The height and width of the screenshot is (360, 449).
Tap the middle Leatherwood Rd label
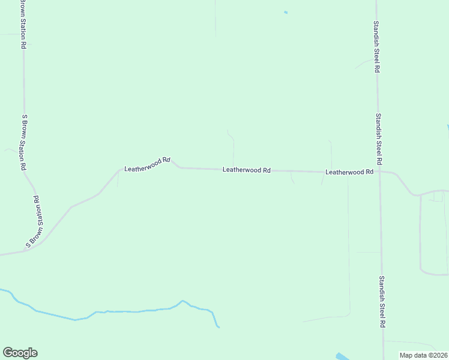246,170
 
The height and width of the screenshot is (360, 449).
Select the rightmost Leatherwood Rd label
349,172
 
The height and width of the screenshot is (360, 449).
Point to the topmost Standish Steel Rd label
376,47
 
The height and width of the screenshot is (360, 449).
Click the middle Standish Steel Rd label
379,139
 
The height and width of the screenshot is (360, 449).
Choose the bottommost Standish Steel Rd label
382,301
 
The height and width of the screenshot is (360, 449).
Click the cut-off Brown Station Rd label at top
23,24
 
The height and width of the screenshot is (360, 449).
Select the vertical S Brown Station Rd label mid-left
25,142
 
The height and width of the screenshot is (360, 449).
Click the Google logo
20,353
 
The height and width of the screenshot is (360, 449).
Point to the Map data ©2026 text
423,355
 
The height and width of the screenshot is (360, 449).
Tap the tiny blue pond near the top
286,12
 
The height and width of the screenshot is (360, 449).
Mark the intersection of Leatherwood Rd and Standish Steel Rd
379,173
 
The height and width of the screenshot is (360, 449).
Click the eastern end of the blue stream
218,326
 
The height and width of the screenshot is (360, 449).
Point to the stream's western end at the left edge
2,290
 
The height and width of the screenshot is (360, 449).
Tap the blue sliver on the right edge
447,128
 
